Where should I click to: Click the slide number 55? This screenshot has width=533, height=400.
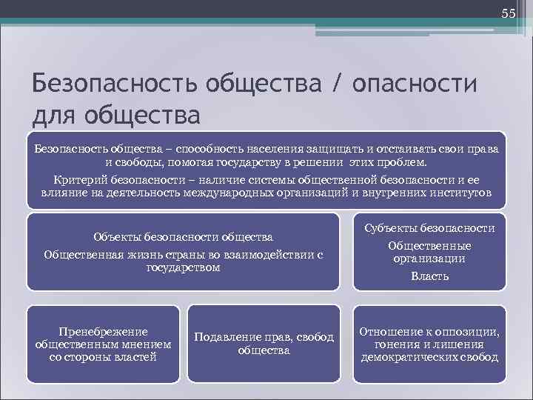click(x=508, y=13)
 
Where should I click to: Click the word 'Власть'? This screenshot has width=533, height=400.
click(x=430, y=276)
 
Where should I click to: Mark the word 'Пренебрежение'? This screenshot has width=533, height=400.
click(x=103, y=331)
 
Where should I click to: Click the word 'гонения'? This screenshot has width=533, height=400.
click(x=398, y=344)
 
